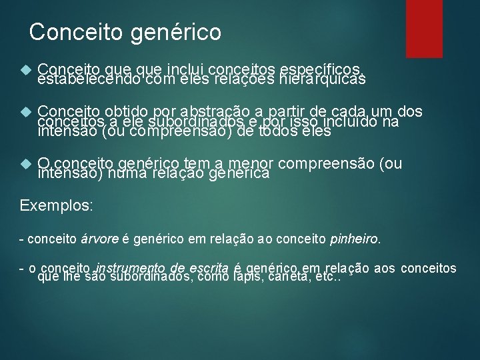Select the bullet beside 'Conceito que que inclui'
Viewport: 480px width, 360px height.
(26, 69)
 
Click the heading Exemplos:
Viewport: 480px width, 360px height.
(57, 205)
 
